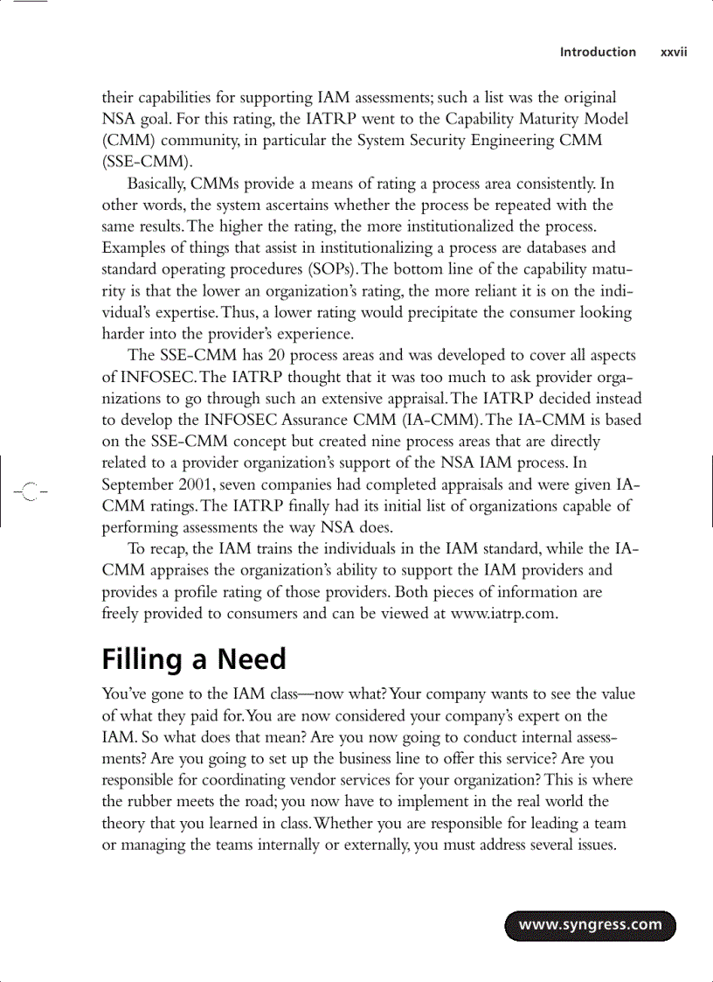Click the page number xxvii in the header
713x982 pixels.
point(674,52)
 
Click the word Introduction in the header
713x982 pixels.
point(598,52)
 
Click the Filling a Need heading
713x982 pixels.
point(194,658)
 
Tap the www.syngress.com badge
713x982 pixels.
point(591,925)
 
